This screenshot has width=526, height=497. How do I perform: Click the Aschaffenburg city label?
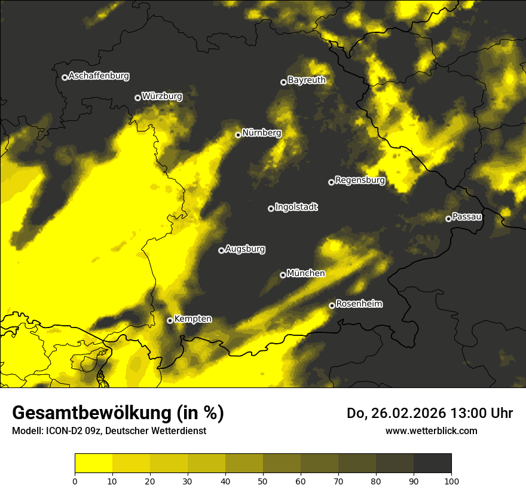point(99,76)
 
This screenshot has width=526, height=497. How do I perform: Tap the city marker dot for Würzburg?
point(137,98)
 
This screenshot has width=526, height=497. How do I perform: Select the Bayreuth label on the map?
point(307,80)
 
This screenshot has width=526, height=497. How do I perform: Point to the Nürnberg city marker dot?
point(238,135)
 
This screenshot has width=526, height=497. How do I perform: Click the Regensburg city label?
point(360,180)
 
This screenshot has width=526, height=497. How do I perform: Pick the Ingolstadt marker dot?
point(271,208)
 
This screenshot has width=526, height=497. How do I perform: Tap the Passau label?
point(467,217)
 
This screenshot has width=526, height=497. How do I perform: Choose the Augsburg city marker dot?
point(221,250)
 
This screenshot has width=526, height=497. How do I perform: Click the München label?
point(305,274)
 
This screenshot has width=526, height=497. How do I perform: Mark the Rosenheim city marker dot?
point(332,305)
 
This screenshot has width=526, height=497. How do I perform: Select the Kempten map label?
point(192,319)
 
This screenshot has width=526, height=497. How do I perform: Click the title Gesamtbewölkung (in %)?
point(118,413)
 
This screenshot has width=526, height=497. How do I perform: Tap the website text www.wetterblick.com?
point(431,431)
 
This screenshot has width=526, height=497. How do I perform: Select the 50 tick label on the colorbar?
point(263,481)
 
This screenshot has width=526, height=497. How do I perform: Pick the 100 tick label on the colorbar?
point(451,481)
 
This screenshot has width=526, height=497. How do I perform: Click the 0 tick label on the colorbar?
point(75,481)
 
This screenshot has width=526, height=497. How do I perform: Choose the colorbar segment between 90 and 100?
point(432,463)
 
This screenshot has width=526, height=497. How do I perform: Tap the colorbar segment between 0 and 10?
point(93,463)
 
